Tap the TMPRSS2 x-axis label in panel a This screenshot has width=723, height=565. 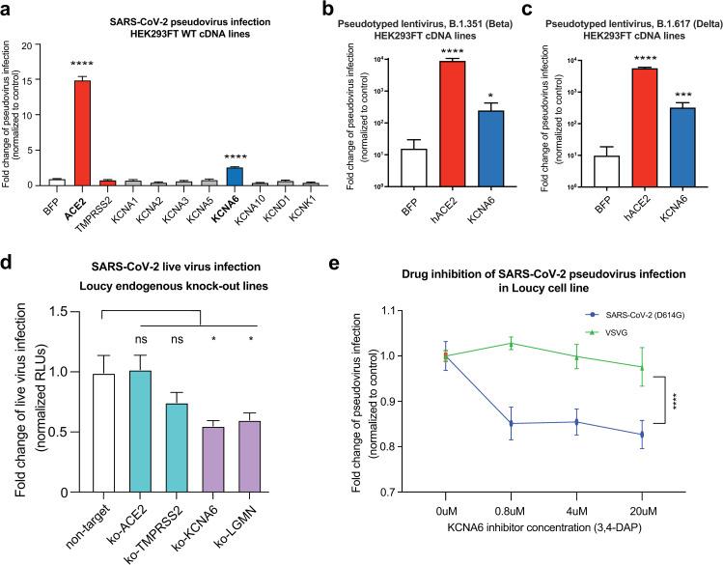(x=101, y=205)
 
